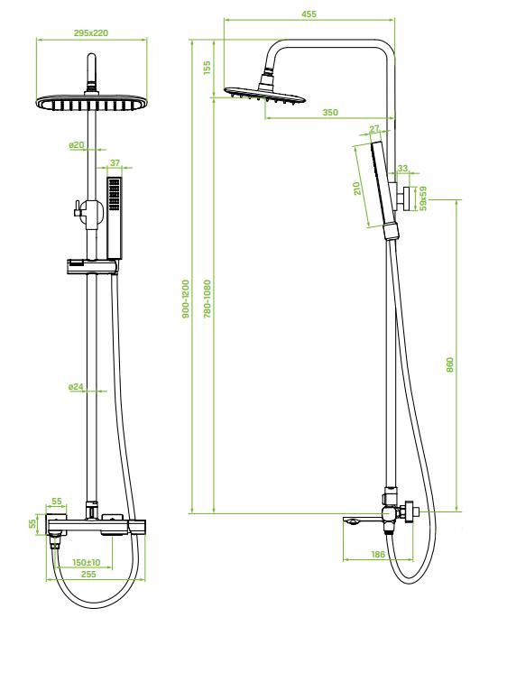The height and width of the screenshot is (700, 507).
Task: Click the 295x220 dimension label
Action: coord(91,33)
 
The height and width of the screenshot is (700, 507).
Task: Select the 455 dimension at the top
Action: coord(309,14)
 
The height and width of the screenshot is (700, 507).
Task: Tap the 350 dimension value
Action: coord(330,112)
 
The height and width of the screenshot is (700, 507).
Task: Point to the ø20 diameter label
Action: coord(76,144)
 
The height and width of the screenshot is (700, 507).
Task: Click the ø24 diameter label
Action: coord(76,387)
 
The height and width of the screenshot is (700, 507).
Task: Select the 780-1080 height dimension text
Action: coord(206,298)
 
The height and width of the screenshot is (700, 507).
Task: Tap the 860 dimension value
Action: coord(449,365)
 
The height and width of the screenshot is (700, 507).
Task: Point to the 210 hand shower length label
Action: coord(357,188)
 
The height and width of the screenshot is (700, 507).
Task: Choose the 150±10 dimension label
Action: coord(86,562)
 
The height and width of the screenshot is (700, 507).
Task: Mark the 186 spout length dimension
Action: coord(378,554)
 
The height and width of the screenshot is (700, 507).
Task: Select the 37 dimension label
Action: coord(115,163)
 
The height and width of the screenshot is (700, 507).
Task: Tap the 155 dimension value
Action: coord(206,68)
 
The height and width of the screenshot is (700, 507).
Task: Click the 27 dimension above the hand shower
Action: coord(375,129)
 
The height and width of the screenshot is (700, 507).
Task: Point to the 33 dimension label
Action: coord(402,168)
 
